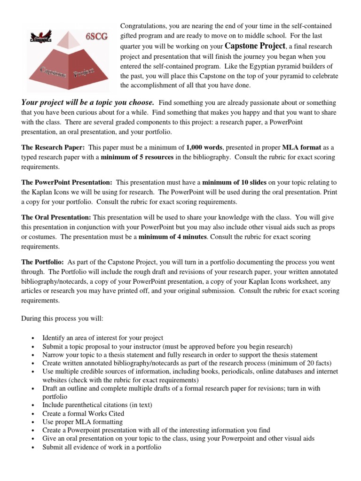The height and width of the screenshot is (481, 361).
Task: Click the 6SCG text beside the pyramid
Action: click(x=96, y=35)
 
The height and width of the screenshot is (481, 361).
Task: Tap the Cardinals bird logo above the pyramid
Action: click(x=40, y=37)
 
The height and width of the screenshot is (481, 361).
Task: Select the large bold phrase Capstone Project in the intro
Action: click(x=255, y=46)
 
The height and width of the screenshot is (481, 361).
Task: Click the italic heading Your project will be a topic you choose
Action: click(x=88, y=102)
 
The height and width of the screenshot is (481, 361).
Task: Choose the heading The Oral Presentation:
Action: click(x=56, y=217)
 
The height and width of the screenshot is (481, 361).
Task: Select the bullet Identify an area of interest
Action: click(x=102, y=338)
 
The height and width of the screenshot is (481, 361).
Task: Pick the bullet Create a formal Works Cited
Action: click(x=83, y=413)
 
